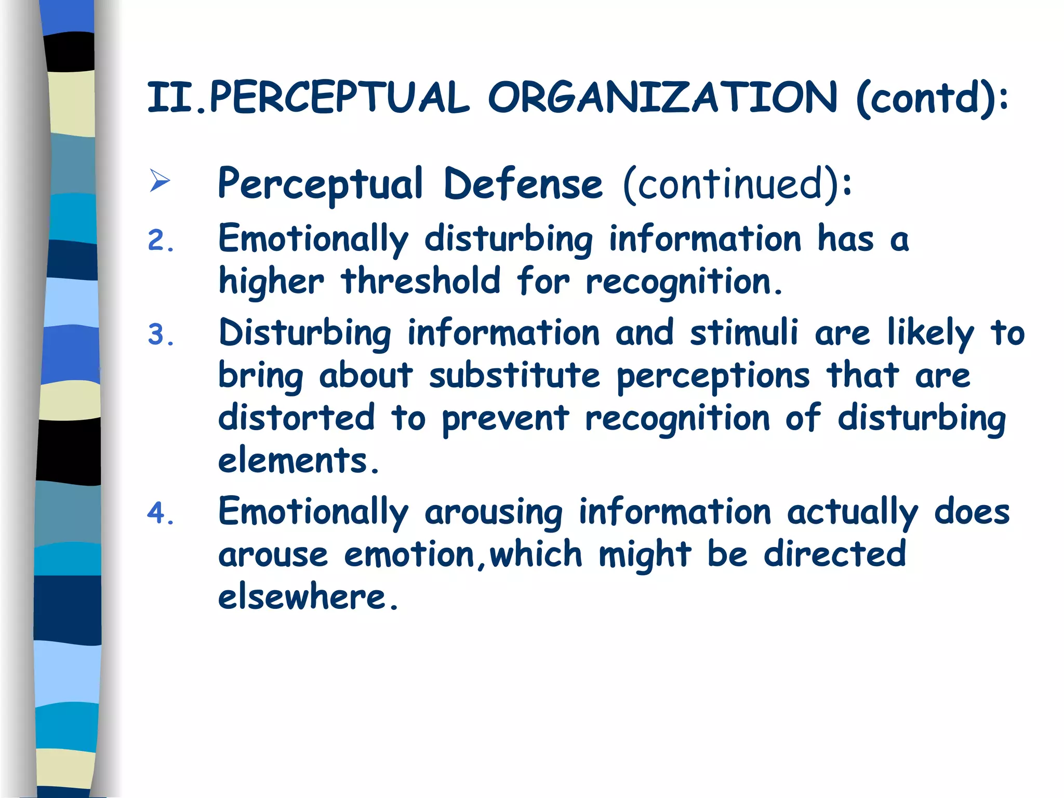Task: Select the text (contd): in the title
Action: (932, 98)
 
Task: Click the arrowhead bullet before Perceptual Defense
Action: (159, 180)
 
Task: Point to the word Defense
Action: (523, 183)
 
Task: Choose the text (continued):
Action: (737, 184)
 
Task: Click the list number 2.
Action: (161, 241)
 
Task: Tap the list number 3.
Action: (161, 335)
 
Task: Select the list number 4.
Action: (161, 513)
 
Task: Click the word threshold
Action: (421, 281)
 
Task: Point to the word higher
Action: (271, 282)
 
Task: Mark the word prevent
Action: (505, 419)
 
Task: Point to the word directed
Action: (835, 554)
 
